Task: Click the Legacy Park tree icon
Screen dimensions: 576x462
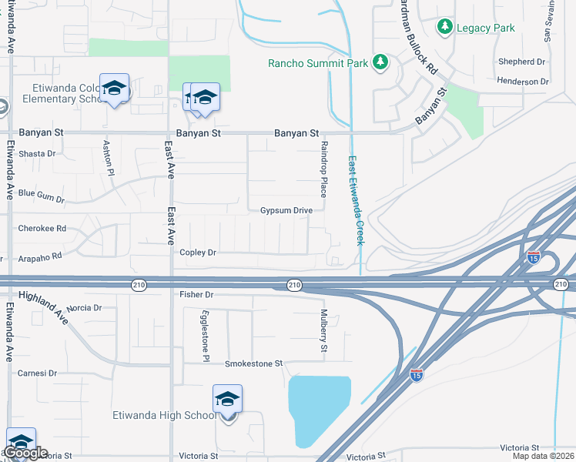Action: (444, 28)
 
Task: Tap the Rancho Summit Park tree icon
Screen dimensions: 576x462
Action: (380, 62)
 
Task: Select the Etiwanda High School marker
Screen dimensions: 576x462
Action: (227, 401)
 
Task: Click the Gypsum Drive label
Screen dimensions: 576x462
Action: (286, 210)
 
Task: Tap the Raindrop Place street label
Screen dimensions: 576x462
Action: (324, 169)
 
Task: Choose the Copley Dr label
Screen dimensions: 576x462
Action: (199, 253)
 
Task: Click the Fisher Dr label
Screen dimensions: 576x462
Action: (196, 294)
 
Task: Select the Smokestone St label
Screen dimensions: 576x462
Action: (254, 363)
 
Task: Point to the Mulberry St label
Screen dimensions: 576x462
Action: (324, 331)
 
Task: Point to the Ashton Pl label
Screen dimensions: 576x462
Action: (109, 159)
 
